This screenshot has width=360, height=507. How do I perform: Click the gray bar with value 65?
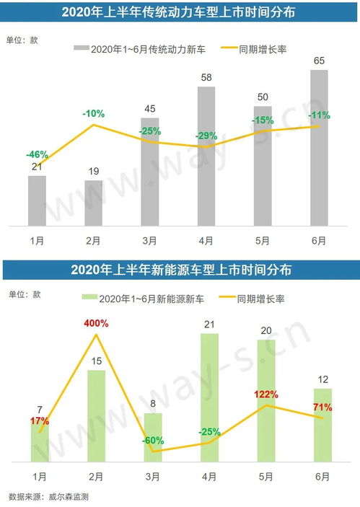click(318, 148)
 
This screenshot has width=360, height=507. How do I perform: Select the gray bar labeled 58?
click(206, 156)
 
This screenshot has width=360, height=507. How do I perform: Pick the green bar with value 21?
click(210, 397)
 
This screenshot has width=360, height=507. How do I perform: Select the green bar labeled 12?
click(322, 425)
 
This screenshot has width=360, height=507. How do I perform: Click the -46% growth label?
click(37, 154)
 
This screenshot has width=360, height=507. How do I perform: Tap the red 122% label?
click(267, 394)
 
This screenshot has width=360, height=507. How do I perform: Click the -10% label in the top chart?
click(93, 113)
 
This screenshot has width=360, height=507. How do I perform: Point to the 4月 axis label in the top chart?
click(206, 239)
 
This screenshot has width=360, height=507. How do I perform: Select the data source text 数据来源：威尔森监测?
click(48, 496)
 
